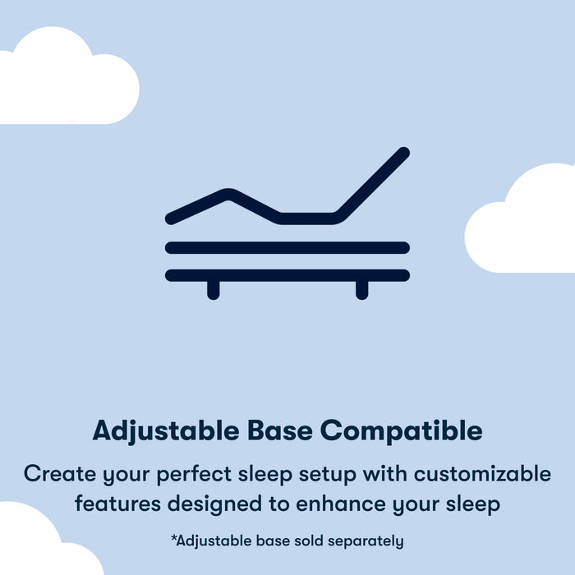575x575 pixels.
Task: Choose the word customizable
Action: click(x=483, y=474)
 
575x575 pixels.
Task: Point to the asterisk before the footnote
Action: click(x=173, y=539)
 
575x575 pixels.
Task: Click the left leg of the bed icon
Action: click(x=214, y=289)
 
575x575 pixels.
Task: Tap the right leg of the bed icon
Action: click(x=361, y=289)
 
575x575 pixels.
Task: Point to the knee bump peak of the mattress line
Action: click(x=228, y=194)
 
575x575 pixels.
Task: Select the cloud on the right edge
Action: click(x=526, y=222)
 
